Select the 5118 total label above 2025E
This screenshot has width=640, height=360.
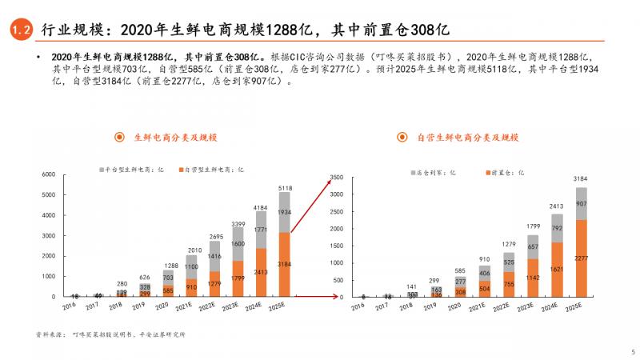click(285, 188)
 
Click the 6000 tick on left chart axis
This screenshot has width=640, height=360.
click(48, 174)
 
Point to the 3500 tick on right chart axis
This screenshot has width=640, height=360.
click(336, 177)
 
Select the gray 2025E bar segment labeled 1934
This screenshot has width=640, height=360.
click(285, 213)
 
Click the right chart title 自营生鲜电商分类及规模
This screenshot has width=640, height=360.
click(468, 138)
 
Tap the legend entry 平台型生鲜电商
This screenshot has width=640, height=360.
click(131, 170)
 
